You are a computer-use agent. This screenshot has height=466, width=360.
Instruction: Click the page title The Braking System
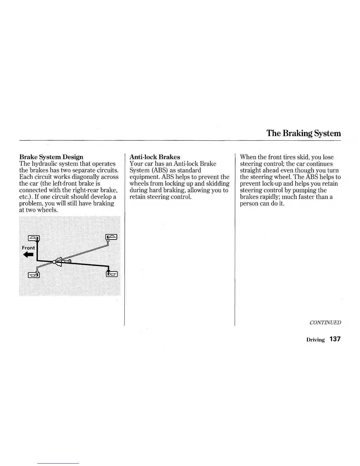tap(304, 133)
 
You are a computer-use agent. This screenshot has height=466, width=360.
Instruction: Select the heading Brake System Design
tap(51, 157)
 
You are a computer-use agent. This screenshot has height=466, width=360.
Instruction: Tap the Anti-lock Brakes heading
tap(155, 157)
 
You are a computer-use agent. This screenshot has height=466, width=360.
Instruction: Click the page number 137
tap(335, 339)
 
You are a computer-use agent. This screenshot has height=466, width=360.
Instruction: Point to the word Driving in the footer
tap(315, 340)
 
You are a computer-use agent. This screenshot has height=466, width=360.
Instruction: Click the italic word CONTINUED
tap(325, 322)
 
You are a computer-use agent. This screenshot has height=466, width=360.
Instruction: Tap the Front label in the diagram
tap(28, 248)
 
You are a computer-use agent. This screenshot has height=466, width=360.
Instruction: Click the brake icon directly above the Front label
tap(34, 238)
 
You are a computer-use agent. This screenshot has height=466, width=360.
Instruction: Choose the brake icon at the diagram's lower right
tap(112, 274)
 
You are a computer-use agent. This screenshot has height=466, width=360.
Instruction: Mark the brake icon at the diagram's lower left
tap(34, 275)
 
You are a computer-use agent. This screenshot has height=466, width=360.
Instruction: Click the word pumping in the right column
tap(305, 190)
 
